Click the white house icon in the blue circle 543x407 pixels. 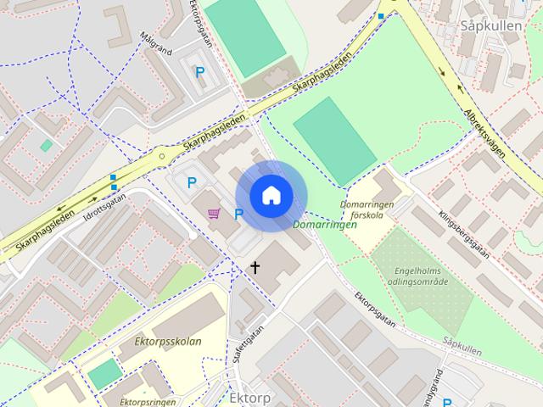click(271, 196)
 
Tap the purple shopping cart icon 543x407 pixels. click(213, 214)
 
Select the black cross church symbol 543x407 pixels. click(253, 268)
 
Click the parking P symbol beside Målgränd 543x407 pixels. click(200, 73)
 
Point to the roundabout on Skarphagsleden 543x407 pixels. click(161, 156)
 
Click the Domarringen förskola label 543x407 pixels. click(367, 209)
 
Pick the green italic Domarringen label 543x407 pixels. click(323, 226)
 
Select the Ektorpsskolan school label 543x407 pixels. click(168, 342)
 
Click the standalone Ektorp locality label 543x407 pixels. click(249, 397)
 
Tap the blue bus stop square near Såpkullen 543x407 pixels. click(381, 16)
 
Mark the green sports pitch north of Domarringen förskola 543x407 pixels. click(334, 140)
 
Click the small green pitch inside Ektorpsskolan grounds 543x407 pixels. click(104, 373)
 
